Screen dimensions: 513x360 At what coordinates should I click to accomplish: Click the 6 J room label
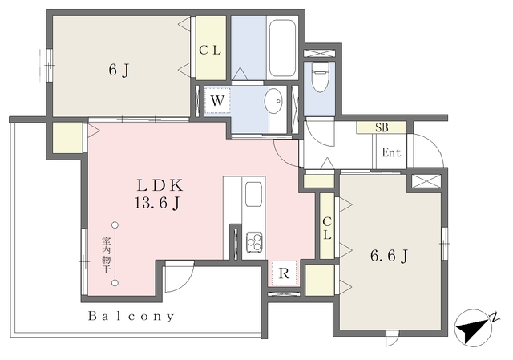(119, 70)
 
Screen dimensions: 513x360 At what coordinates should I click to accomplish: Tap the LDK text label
(160, 185)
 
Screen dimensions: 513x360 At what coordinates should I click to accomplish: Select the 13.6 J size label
(157, 204)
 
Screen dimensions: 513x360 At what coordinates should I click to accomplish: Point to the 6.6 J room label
(389, 256)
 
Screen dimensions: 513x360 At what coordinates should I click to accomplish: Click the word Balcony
(131, 316)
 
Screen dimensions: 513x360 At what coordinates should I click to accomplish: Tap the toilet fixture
(319, 77)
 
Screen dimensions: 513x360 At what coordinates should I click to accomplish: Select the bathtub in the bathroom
(282, 48)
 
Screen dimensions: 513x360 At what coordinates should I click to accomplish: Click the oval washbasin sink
(273, 101)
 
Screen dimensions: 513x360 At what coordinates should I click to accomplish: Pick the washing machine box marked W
(217, 100)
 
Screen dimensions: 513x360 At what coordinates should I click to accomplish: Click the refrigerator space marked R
(284, 273)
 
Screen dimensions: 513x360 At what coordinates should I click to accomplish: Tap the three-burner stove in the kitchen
(254, 242)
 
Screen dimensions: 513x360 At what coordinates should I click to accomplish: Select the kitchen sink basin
(253, 194)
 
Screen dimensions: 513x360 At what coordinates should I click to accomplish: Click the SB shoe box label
(382, 127)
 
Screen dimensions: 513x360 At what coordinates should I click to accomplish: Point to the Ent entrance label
(391, 152)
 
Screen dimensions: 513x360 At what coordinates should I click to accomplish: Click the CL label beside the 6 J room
(210, 50)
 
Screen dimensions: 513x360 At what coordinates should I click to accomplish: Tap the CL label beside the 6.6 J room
(327, 229)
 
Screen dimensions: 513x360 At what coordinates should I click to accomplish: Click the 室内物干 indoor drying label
(107, 256)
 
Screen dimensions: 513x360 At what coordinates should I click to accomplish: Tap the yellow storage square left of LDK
(67, 137)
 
